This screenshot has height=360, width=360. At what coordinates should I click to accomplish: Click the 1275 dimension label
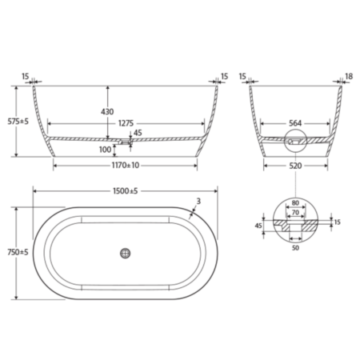(x=126, y=123)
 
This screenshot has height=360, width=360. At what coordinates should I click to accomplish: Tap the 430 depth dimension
(x=107, y=111)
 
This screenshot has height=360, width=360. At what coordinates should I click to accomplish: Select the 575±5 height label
(x=18, y=122)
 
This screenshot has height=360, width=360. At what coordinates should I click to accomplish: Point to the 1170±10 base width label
(x=126, y=166)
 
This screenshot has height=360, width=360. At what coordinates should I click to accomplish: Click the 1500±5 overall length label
(x=126, y=191)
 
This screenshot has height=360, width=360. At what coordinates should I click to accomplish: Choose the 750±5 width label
(x=18, y=252)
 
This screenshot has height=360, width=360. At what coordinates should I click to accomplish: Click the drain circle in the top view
(x=125, y=253)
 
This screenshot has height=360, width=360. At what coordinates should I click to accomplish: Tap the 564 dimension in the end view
(x=295, y=123)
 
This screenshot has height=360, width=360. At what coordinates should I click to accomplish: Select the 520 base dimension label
(x=295, y=166)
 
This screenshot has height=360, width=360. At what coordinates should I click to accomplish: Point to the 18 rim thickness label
(x=349, y=77)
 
